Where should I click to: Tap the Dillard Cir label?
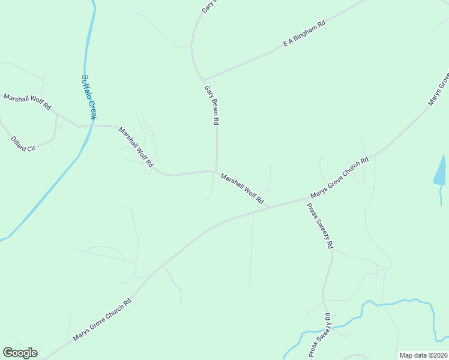(x=23, y=144)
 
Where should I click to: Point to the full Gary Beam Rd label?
(x=211, y=104)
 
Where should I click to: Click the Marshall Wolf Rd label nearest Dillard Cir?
(x=28, y=101)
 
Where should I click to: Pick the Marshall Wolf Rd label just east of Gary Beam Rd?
(x=242, y=188)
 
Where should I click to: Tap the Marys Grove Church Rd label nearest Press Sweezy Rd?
(x=339, y=179)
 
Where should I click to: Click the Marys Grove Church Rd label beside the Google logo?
(x=102, y=320)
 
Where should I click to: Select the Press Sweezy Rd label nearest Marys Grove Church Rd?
(x=320, y=227)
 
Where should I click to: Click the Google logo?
(x=20, y=353)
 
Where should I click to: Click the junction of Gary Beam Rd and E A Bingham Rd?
(x=203, y=80)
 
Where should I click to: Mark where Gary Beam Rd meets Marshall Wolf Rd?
(x=216, y=172)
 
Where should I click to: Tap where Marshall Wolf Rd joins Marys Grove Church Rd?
(x=268, y=208)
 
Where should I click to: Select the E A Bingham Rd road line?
(x=252, y=61)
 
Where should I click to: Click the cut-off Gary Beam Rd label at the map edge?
(x=207, y=7)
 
